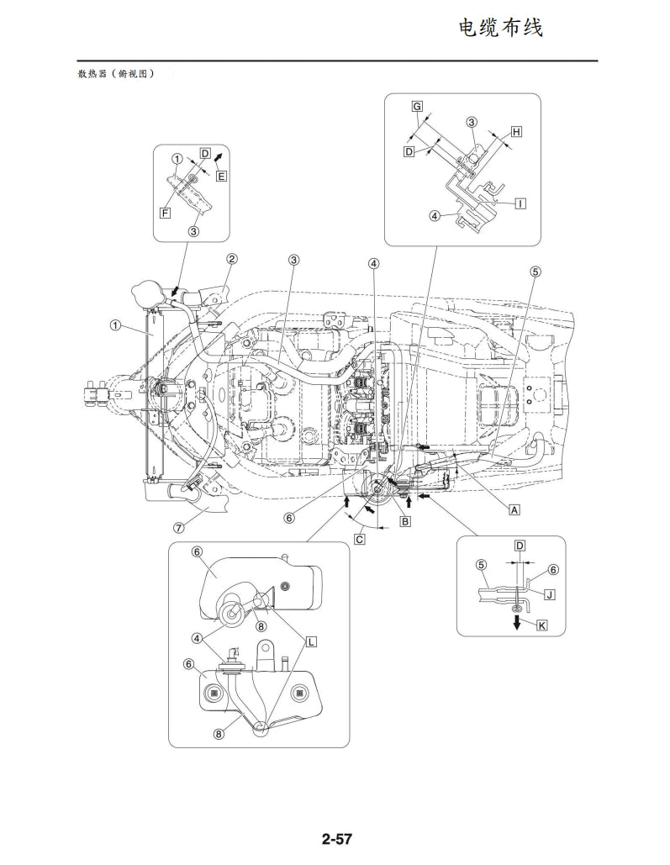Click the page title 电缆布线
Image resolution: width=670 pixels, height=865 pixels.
[500, 28]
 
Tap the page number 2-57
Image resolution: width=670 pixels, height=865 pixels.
[335, 839]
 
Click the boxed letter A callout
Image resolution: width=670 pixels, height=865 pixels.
[514, 509]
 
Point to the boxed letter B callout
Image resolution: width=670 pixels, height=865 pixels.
[405, 522]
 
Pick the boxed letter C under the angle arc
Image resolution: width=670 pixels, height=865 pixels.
[359, 539]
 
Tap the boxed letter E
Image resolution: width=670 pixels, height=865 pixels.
[221, 176]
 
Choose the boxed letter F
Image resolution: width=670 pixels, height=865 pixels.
[166, 214]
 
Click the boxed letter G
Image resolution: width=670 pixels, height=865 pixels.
[417, 106]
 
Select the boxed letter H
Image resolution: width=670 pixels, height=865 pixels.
[516, 132]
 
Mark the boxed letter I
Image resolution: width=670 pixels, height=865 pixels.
[521, 203]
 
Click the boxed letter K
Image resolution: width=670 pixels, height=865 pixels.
[542, 625]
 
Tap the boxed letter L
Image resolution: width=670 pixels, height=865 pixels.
[311, 641]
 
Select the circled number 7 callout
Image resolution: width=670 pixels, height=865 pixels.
[178, 528]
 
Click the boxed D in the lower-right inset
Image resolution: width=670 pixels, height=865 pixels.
[520, 546]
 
